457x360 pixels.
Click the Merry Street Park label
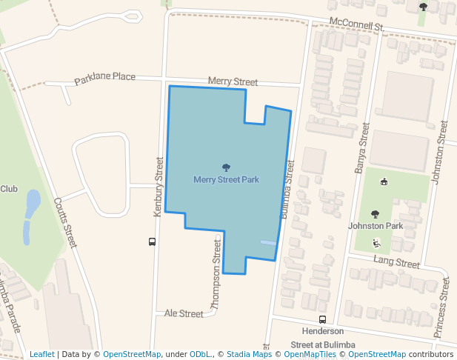(226, 180)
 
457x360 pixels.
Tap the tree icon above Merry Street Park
(226, 167)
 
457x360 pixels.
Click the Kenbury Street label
(158, 186)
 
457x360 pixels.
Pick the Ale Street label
(184, 313)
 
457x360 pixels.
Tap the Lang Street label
(396, 262)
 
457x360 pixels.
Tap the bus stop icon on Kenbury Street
(152, 241)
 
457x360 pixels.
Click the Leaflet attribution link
(42, 354)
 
